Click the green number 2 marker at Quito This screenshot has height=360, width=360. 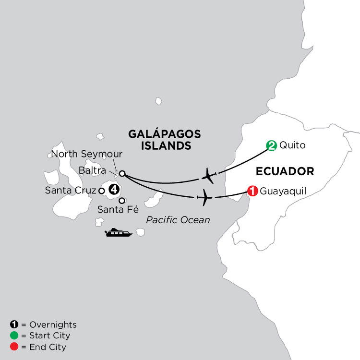271,145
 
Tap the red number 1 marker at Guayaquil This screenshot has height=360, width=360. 252,191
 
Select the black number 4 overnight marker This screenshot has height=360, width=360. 114,190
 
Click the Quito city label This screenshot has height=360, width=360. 292,145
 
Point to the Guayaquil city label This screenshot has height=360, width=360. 283,191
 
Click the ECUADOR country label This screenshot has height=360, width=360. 285,171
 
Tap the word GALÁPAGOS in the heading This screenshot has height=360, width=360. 164,134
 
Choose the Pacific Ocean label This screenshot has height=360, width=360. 178,220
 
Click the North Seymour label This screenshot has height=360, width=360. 86,154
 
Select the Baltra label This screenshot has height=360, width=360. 92,170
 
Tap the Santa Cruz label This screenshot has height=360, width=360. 71,191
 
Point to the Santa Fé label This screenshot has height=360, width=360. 118,209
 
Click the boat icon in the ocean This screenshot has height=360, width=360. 119,232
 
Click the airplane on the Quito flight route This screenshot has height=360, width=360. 209,176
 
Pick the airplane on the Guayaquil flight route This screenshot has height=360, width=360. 204,197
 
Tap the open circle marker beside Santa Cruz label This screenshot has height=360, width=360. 101,191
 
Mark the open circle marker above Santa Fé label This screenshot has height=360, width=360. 122,201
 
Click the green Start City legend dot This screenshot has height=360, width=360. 14,336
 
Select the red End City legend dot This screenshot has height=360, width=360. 14,347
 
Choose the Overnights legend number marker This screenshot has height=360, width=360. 14,324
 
